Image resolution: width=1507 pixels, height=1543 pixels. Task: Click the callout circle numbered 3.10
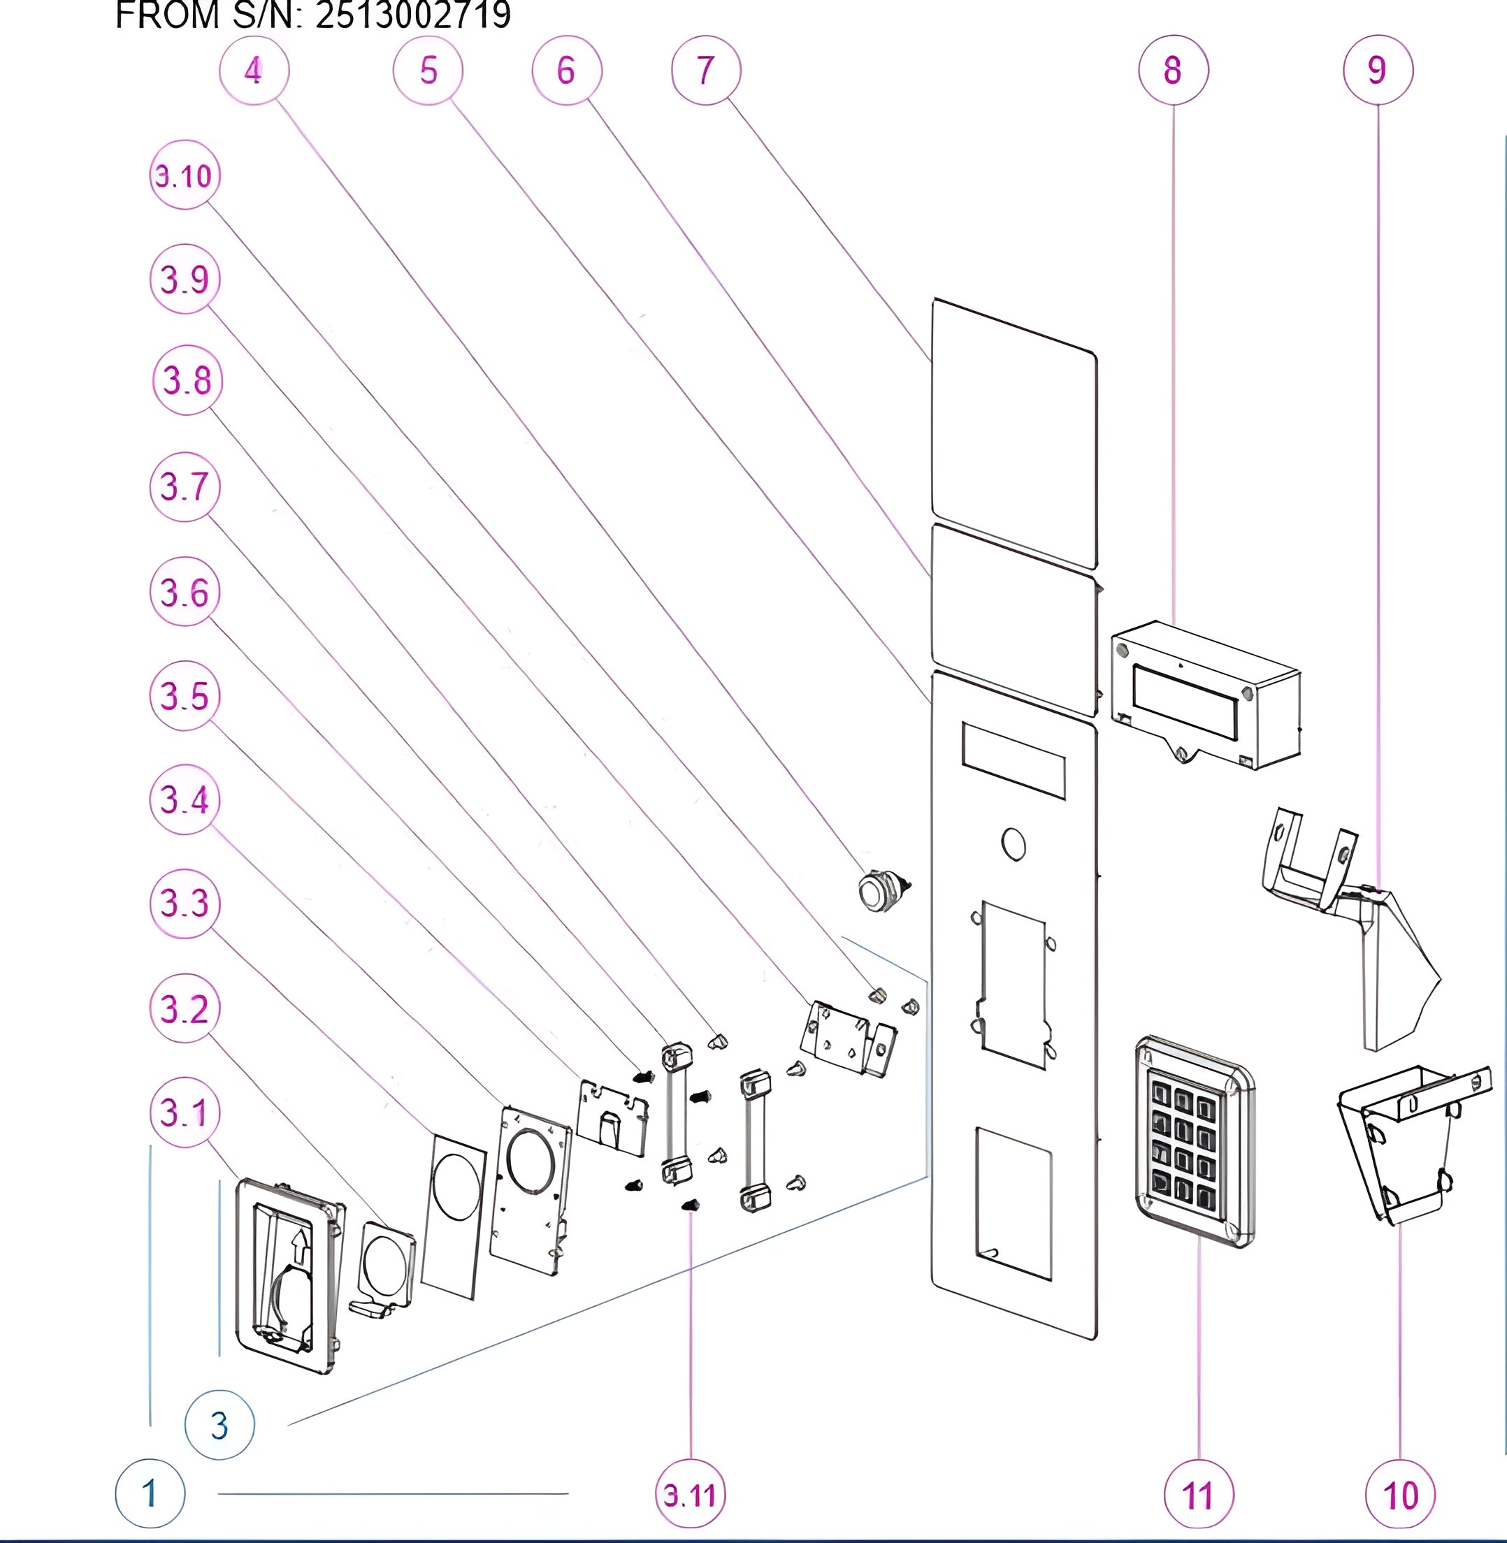(185, 175)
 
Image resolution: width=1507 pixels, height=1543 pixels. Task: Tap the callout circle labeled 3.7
(185, 486)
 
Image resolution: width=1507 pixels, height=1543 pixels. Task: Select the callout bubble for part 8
(1173, 70)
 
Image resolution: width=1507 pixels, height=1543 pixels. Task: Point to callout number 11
(1198, 1495)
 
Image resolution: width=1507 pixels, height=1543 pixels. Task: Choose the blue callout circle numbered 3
(219, 1425)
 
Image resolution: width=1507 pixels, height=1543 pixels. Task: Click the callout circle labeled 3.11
(690, 1495)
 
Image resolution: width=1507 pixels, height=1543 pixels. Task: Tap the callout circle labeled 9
(1377, 70)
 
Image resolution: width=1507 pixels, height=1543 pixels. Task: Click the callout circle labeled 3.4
(185, 799)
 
